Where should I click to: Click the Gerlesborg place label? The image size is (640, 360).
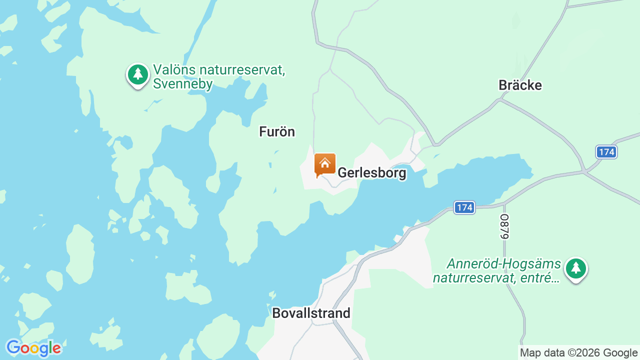[372, 173]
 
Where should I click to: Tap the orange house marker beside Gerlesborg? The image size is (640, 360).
[324, 164]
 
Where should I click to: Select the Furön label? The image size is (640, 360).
[277, 131]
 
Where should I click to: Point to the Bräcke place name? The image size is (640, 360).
[520, 85]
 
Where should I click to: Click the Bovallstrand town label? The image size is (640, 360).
[311, 313]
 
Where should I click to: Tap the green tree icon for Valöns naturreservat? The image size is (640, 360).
[138, 74]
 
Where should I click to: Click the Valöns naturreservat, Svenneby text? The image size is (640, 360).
[219, 76]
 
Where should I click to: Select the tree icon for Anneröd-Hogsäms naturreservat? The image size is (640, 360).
[576, 268]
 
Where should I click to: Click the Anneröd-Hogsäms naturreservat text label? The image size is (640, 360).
[496, 270]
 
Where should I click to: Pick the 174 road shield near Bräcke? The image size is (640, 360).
[606, 151]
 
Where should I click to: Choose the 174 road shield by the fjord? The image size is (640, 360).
[464, 207]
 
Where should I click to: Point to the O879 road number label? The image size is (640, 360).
[504, 226]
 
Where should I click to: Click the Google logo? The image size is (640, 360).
[33, 348]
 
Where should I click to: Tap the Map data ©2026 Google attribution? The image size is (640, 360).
[578, 352]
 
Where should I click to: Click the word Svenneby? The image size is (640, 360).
[183, 84]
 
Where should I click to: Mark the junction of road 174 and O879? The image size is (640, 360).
[504, 204]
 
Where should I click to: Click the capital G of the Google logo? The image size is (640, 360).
[13, 347]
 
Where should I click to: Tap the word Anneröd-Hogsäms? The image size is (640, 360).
[497, 263]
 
